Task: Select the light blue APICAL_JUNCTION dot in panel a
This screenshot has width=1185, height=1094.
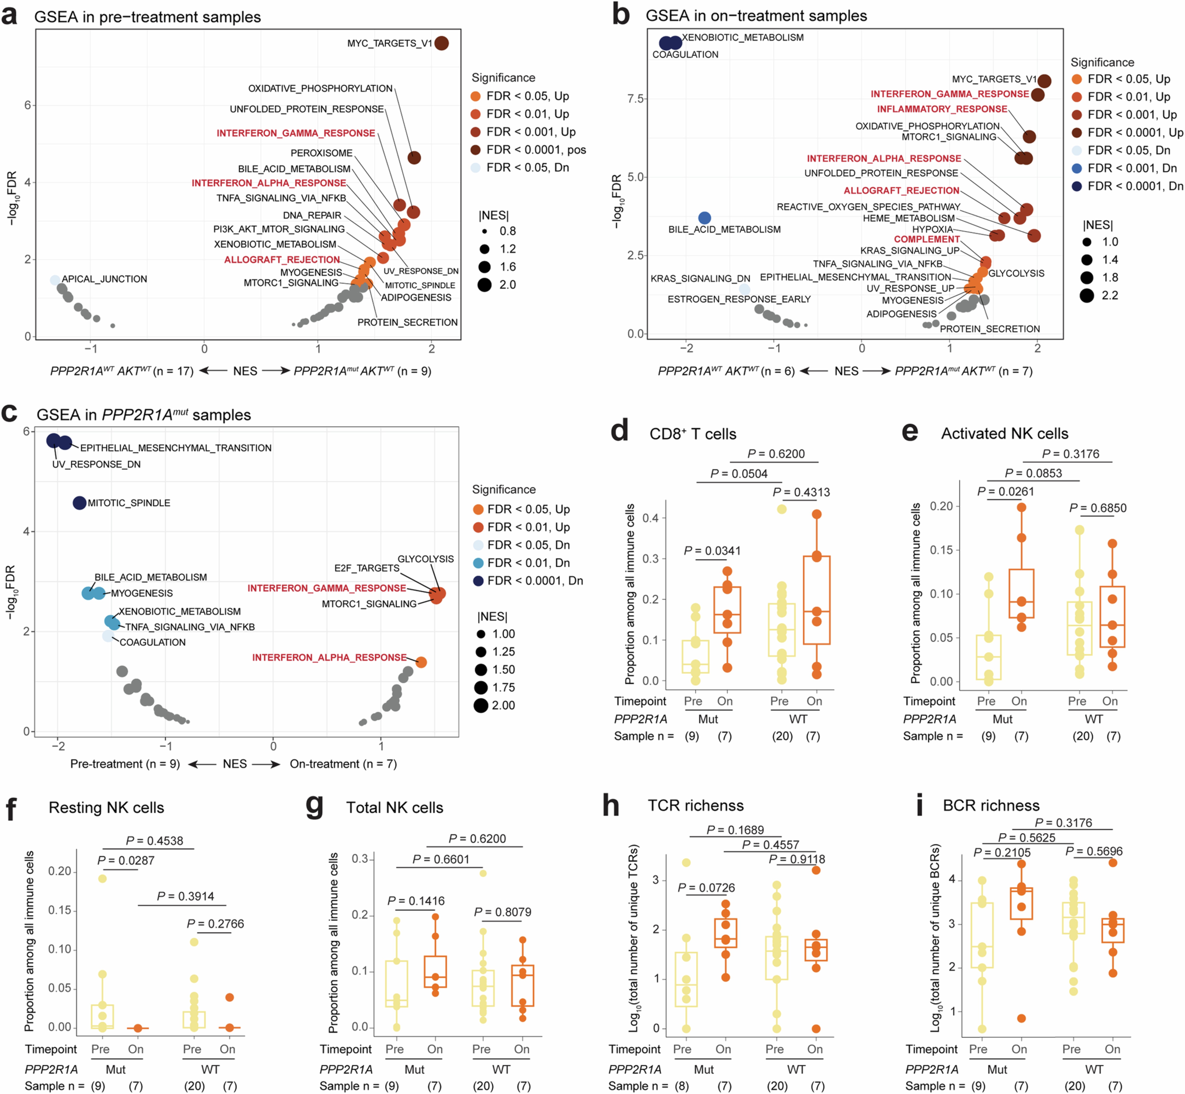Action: click(55, 280)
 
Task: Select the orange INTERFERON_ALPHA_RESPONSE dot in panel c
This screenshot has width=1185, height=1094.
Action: click(421, 662)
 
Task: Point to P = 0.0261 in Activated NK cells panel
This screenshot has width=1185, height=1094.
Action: click(1006, 491)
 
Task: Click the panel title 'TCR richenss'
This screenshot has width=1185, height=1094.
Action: click(695, 806)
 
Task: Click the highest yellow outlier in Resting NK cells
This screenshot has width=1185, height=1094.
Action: click(102, 879)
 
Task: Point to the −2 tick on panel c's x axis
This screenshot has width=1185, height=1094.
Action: click(58, 746)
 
